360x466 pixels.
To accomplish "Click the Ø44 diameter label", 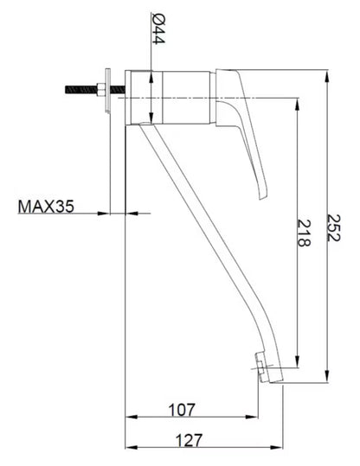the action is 158,29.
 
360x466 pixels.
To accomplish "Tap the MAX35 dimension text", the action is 46,207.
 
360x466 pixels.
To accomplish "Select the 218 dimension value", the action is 304,233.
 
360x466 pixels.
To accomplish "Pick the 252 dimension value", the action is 333,227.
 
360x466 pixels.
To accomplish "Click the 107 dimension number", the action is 183,410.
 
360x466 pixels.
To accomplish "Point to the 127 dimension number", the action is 190,440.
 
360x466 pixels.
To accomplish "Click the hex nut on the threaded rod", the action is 100,89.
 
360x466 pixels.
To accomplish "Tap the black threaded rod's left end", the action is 66,89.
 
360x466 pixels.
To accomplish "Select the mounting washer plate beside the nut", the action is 107,91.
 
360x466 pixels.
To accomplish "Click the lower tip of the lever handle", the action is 263,197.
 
